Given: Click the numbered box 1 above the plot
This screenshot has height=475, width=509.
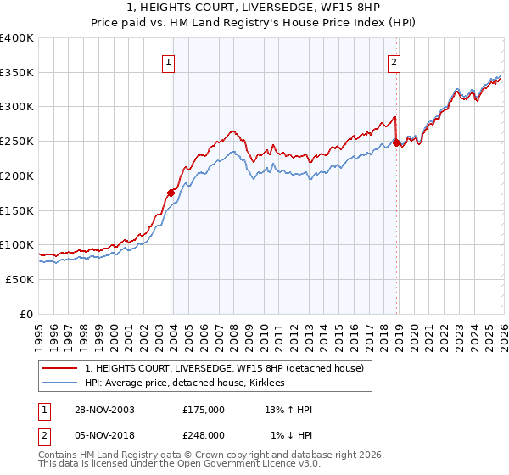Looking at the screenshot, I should coord(169,61).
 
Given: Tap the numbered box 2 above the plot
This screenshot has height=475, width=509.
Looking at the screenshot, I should coord(394,61).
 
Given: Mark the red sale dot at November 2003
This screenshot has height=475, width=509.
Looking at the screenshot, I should coord(171,193).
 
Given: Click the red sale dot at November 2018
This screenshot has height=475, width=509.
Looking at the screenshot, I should coord(395,142).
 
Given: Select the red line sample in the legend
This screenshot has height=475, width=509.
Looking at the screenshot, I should coord(59,368).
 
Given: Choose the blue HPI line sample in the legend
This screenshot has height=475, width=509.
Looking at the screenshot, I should coord(59,383).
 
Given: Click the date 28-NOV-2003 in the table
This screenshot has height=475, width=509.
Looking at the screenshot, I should coord(99,410).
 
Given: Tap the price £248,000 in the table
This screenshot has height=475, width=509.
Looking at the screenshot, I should coord(204,434).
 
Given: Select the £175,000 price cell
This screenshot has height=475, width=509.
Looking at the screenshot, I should coord(204,410).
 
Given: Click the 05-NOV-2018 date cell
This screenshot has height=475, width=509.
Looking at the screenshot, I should coord(99,434).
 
